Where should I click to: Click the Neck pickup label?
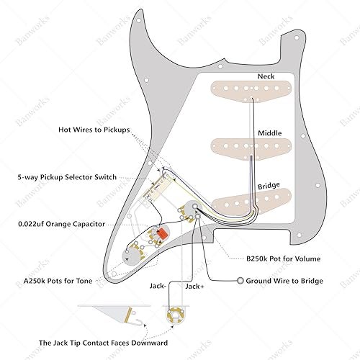[266, 76]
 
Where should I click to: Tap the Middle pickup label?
[270, 133]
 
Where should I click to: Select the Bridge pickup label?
[269, 186]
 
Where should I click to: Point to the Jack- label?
[158, 286]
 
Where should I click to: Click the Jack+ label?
[194, 287]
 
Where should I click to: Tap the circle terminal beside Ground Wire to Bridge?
[240, 281]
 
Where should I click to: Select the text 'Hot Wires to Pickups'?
[94, 130]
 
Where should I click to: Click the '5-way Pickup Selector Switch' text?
[67, 177]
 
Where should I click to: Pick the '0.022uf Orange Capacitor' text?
[62, 224]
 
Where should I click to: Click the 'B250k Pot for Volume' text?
[284, 258]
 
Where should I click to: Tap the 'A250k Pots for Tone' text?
[58, 281]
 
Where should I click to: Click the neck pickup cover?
[251, 91]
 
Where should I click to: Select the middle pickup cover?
[251, 149]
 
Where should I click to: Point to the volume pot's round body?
[192, 210]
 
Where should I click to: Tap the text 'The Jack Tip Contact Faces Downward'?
[104, 343]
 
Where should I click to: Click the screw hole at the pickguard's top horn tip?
[139, 21]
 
